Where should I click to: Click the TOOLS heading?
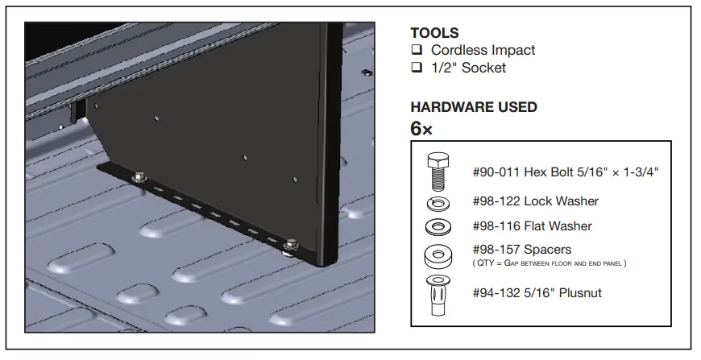tap(434, 33)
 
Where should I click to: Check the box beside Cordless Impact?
tap(417, 51)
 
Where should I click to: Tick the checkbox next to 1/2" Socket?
tap(417, 68)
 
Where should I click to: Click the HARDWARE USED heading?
tap(474, 106)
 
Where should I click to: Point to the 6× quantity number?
tap(421, 128)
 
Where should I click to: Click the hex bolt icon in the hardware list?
tap(438, 170)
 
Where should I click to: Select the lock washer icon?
tap(438, 201)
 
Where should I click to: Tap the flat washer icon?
tap(438, 226)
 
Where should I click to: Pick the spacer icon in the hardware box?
tap(438, 256)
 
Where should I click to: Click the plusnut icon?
tap(438, 294)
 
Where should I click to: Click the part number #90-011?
tap(496, 172)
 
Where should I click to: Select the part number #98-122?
tap(496, 201)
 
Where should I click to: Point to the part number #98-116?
tap(496, 226)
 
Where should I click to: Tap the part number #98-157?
tap(496, 250)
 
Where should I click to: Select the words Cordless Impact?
tap(483, 51)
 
